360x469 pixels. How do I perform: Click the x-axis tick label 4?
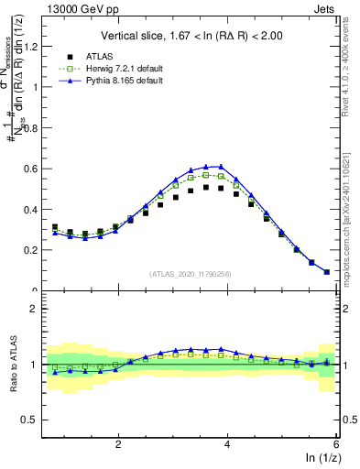coord(227,444)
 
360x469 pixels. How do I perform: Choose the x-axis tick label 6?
coord(335,444)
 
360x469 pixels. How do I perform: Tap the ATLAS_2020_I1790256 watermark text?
coord(191,274)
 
